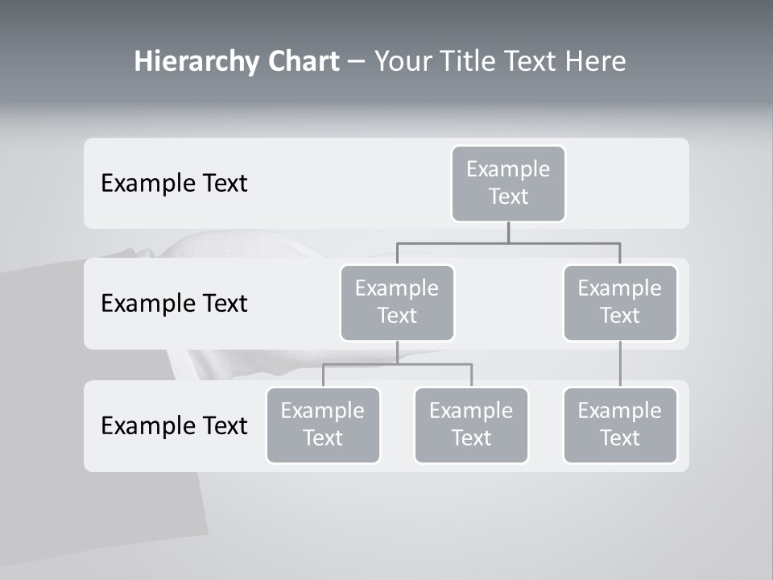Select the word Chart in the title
(301, 62)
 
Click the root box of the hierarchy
(508, 184)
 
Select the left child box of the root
(397, 303)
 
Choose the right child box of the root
(620, 303)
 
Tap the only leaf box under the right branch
(620, 425)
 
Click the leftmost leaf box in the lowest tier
(323, 425)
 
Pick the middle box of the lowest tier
(471, 425)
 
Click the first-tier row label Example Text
(174, 184)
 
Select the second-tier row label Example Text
(174, 304)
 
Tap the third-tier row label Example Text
(174, 425)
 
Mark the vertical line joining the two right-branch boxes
(620, 364)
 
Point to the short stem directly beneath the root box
(508, 232)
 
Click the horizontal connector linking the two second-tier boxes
(508, 242)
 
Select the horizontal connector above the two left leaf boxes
(397, 364)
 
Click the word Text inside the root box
(508, 197)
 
